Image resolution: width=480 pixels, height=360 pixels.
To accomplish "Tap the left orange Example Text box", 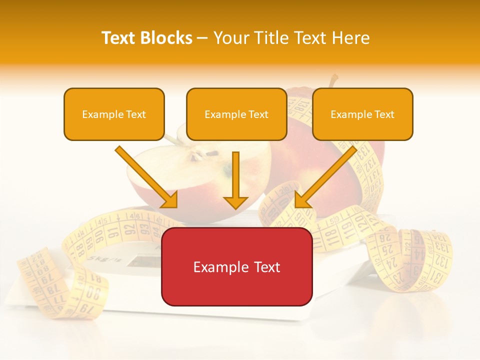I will (x=114, y=114).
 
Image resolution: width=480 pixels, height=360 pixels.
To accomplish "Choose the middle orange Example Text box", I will (x=236, y=114).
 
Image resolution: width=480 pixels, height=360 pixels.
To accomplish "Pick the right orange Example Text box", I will (x=362, y=114).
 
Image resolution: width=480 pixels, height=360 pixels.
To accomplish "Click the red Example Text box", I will (x=236, y=266).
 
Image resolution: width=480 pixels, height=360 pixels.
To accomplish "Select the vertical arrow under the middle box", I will (x=235, y=180).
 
